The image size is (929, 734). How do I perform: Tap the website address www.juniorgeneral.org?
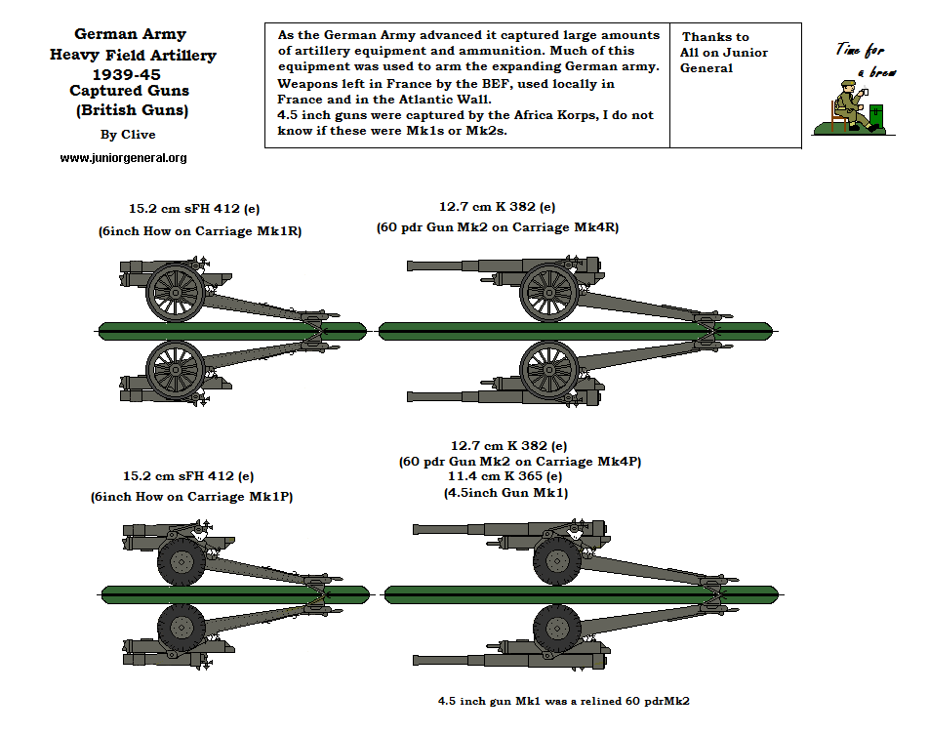[123, 158]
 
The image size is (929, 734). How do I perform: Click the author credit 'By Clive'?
[128, 135]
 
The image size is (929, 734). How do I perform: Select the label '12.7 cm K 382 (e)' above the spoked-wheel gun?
[497, 207]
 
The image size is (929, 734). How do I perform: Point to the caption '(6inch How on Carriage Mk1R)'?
[197, 231]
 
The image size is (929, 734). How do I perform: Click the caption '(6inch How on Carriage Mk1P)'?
[193, 497]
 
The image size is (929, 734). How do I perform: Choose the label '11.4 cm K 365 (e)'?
[505, 476]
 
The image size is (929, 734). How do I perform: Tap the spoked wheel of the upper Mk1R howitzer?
[175, 290]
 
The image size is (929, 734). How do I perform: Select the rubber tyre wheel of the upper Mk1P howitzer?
[180, 561]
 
